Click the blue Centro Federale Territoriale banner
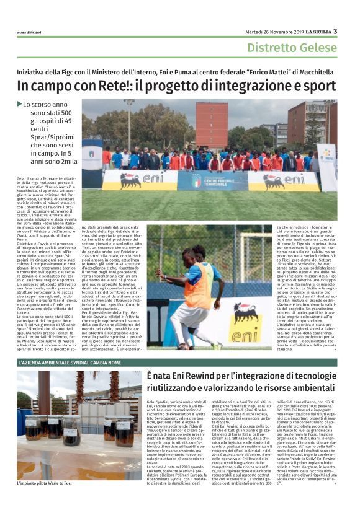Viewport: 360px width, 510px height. pos(211,180)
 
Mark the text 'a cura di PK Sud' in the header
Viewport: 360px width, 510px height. pos(31,33)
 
